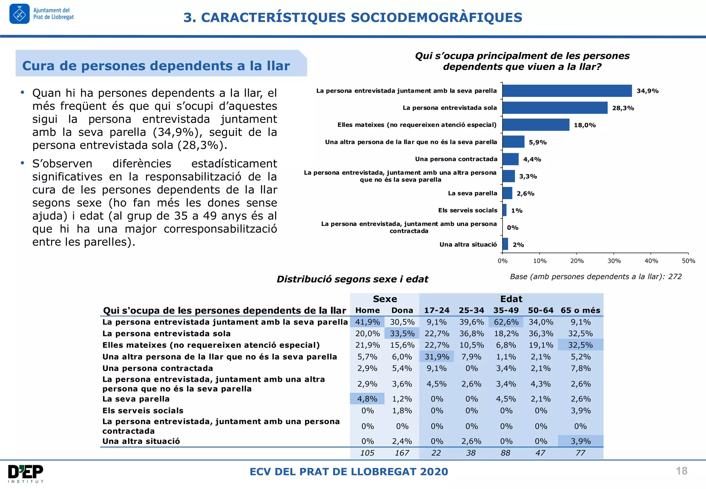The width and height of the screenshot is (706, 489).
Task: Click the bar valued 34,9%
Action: click(x=567, y=91)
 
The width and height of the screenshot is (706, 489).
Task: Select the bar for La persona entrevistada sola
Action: click(x=555, y=108)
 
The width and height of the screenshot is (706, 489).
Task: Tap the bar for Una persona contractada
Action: click(x=510, y=159)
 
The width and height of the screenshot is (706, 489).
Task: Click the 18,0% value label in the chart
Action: click(x=585, y=125)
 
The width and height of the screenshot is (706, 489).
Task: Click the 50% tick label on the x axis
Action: click(x=688, y=261)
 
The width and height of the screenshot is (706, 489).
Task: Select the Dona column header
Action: click(x=402, y=310)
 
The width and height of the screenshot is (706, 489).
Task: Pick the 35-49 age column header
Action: click(x=506, y=310)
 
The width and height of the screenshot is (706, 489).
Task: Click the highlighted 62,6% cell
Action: click(x=506, y=322)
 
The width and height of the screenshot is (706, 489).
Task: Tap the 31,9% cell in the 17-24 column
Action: click(x=436, y=357)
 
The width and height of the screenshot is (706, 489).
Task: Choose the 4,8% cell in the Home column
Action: click(x=367, y=399)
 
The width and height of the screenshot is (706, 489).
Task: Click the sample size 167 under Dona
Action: click(x=402, y=453)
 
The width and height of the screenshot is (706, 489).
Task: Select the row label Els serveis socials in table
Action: click(x=143, y=411)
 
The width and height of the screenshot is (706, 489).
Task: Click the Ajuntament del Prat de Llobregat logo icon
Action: click(x=19, y=14)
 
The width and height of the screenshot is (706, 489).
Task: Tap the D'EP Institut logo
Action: click(x=26, y=473)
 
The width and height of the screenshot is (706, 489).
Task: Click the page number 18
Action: click(x=682, y=471)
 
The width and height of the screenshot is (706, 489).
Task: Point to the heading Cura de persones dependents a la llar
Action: click(x=156, y=66)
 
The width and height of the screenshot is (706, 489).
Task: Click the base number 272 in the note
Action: click(x=675, y=277)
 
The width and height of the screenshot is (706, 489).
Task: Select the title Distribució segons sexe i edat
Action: click(x=352, y=279)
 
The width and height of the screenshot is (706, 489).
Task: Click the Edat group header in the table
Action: click(x=511, y=299)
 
